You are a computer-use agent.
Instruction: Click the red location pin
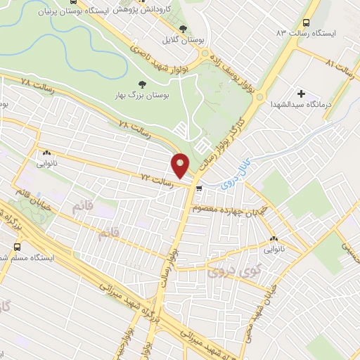181,166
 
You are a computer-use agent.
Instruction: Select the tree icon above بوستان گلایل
184,29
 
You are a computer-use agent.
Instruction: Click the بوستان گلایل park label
183,41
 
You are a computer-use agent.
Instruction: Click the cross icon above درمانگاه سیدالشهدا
302,93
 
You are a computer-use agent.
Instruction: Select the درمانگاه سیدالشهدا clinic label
302,104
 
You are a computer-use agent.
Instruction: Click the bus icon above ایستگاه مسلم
16,247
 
